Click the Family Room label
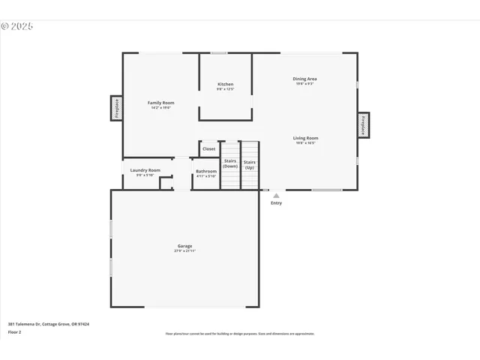160,103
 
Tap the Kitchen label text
226,84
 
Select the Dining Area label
304,79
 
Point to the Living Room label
305,138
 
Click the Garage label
184,246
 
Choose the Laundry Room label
145,170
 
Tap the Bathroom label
206,172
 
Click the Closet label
208,149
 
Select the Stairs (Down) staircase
230,165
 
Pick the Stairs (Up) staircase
250,165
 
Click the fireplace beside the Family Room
117,108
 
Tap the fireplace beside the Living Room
363,125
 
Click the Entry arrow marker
276,196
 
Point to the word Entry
276,203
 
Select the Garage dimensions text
185,251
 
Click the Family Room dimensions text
160,108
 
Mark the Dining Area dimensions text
304,84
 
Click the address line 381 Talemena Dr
49,324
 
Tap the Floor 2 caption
15,331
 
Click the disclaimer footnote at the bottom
240,334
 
